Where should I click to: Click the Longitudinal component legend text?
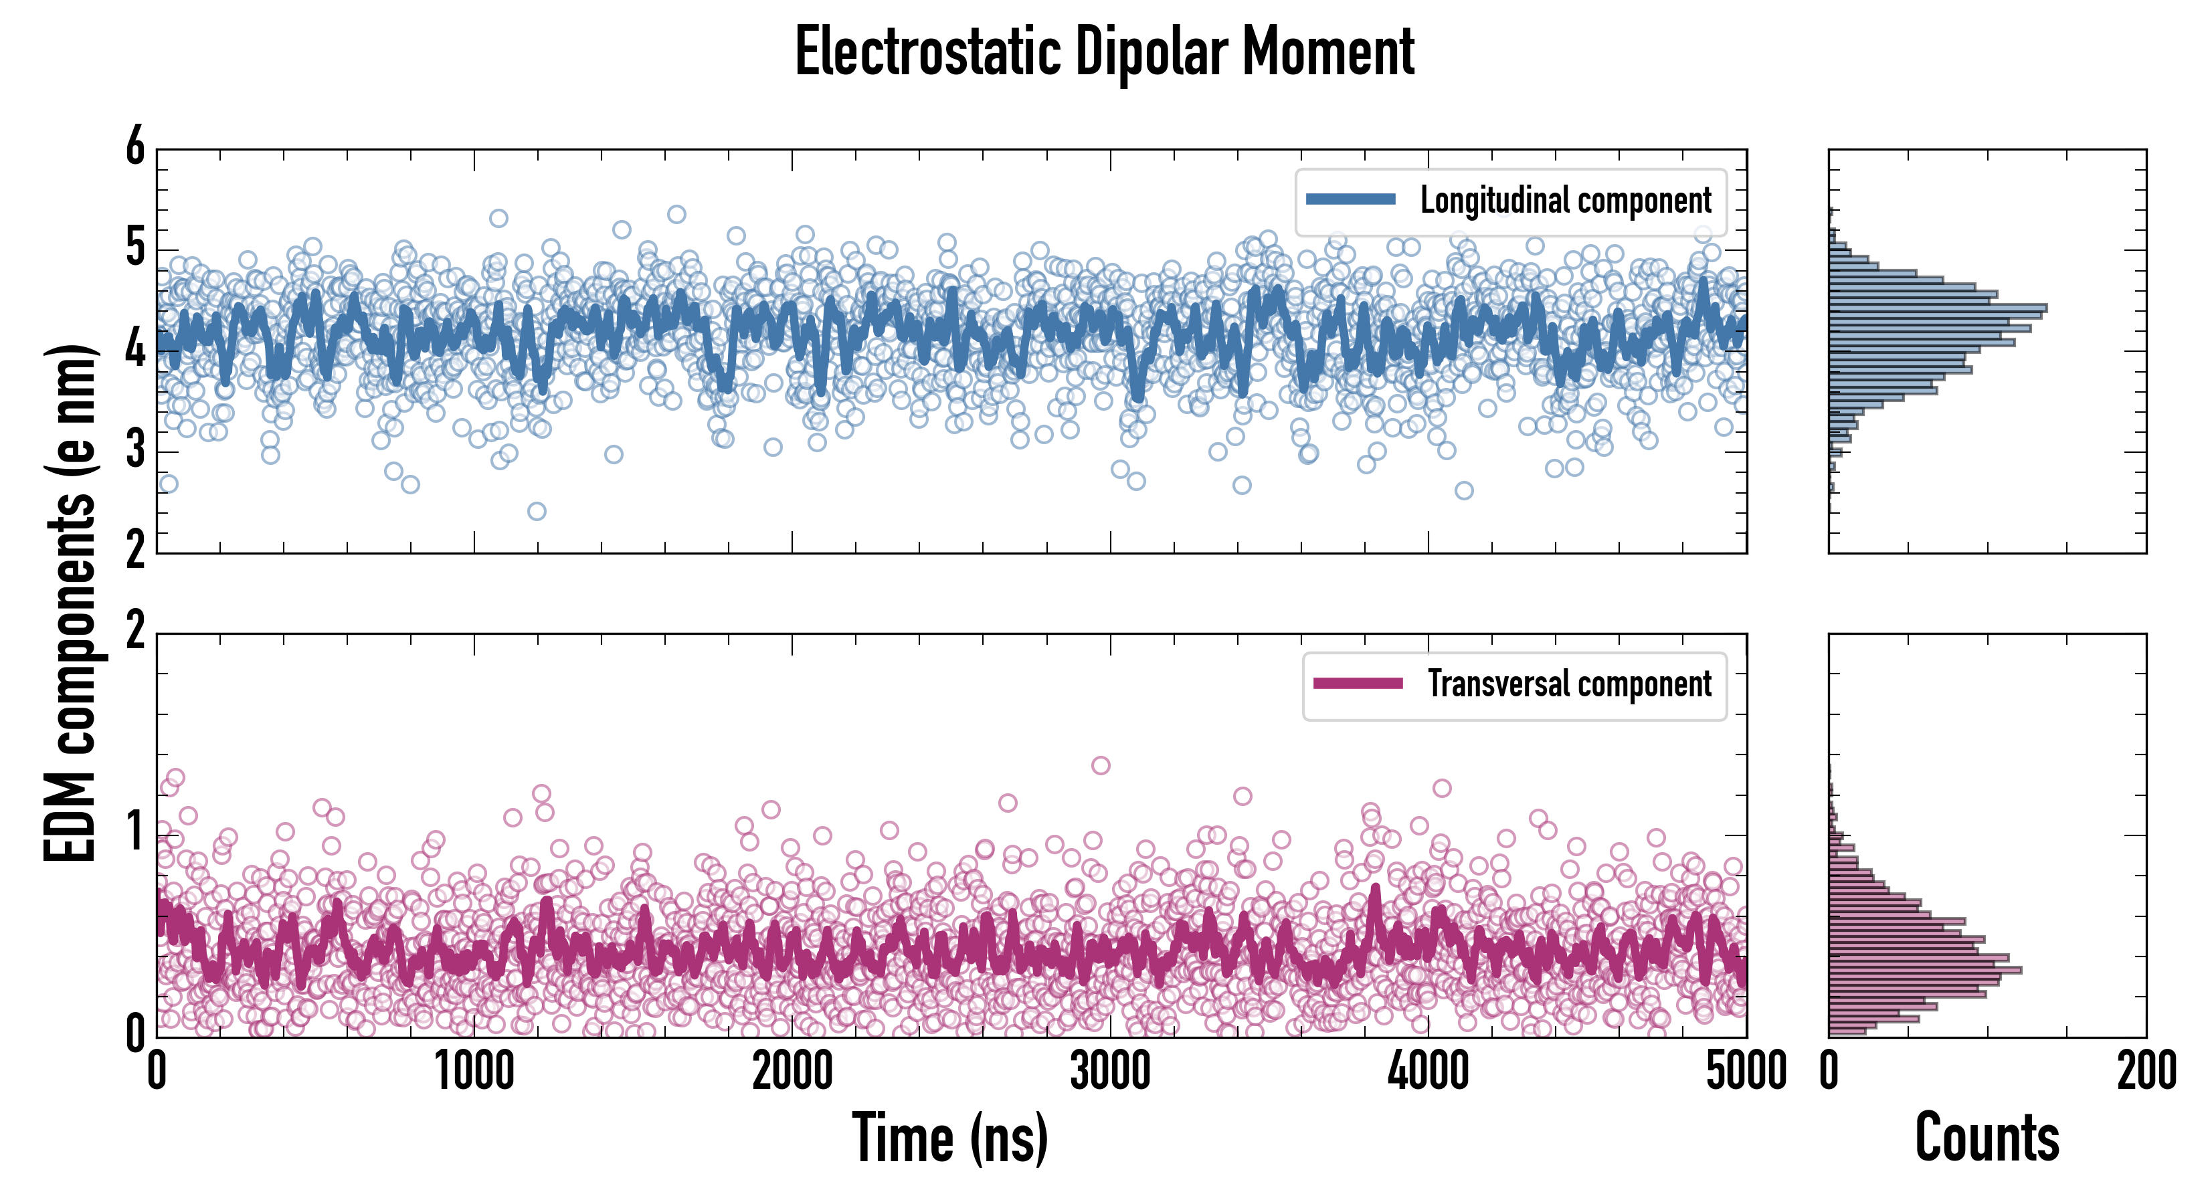click(x=1565, y=201)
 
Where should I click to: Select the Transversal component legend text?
click(x=1568, y=684)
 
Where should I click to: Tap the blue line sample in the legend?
click(x=1350, y=200)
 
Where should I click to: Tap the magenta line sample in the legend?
click(x=1358, y=683)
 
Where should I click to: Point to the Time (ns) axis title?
click(x=949, y=1138)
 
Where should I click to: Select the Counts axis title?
click(x=1987, y=1138)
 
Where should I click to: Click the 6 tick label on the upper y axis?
click(x=135, y=146)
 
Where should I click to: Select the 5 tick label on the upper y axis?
click(x=135, y=249)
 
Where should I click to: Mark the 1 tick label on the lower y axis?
click(x=135, y=833)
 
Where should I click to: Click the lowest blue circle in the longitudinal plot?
click(x=537, y=512)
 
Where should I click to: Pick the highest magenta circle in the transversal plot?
click(x=1101, y=765)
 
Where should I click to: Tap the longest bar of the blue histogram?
click(x=1937, y=308)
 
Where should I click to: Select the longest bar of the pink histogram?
click(x=1925, y=970)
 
